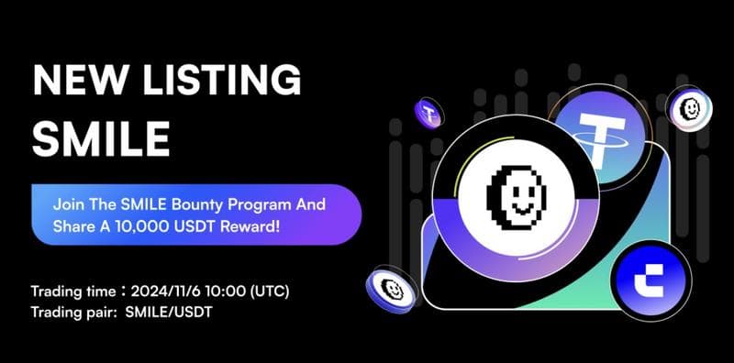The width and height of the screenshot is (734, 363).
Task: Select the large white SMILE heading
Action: tap(101, 138)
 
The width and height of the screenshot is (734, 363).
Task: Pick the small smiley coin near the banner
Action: tap(390, 289)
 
